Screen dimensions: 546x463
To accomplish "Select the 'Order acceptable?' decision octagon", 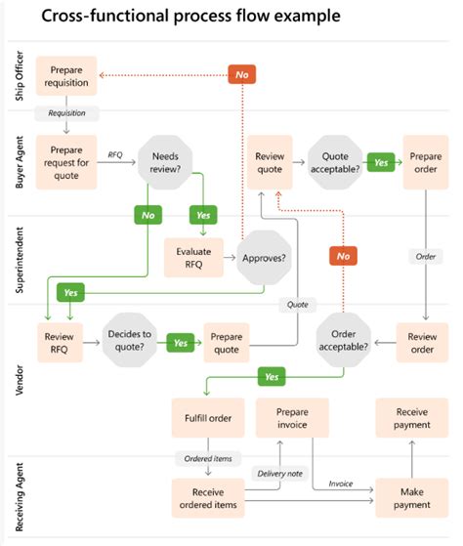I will point(343,340).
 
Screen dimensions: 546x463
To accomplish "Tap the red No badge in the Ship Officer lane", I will point(241,73).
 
